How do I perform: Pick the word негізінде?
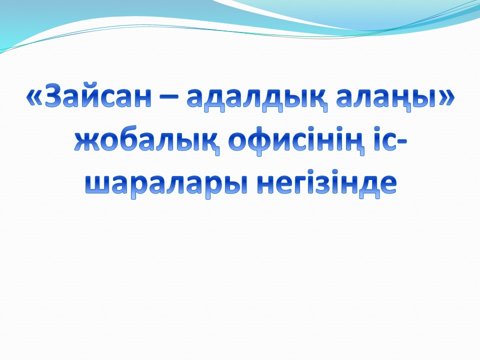[326, 183]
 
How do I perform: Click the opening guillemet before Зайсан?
[35, 98]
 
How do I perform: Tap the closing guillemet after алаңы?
[446, 98]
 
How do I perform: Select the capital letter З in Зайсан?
[55, 95]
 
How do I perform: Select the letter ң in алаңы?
[400, 100]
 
